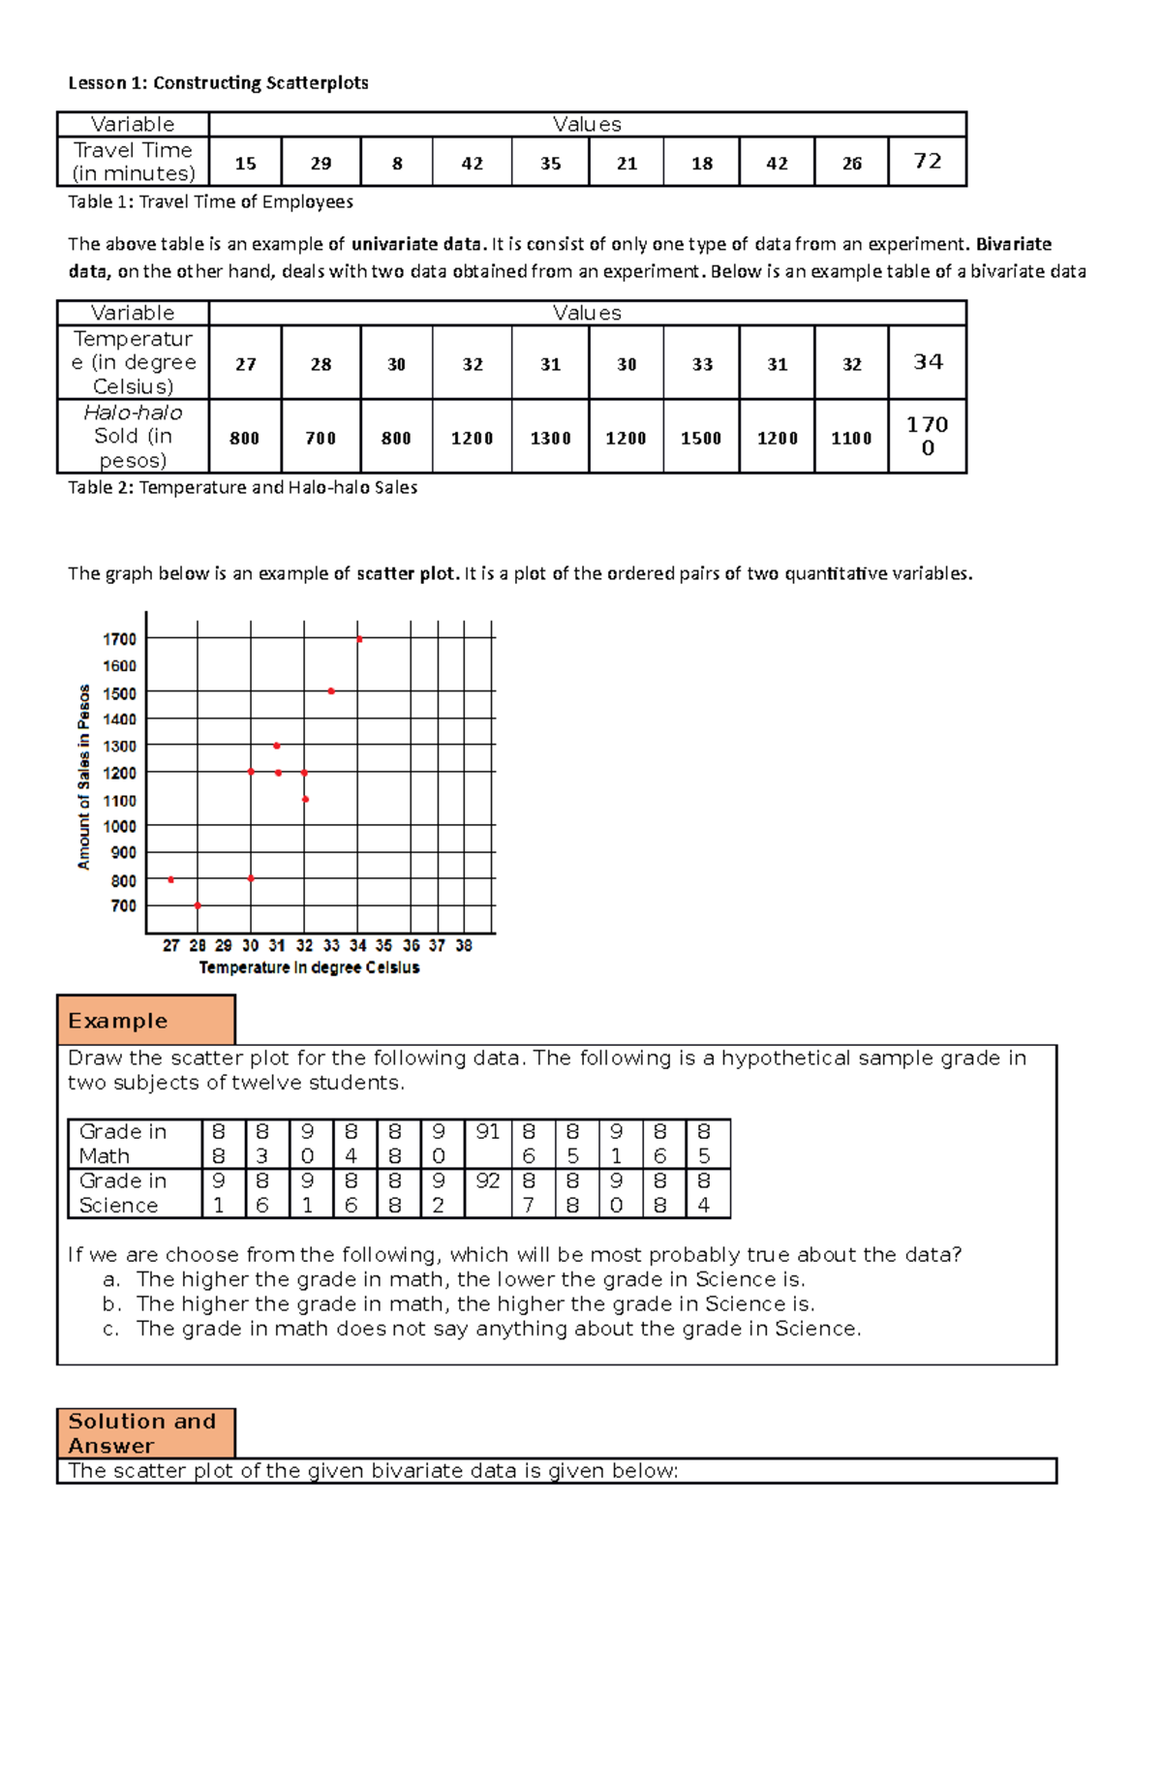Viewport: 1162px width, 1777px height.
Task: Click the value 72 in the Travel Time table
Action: pyautogui.click(x=927, y=161)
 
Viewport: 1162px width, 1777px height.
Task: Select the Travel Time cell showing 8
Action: pyautogui.click(x=397, y=164)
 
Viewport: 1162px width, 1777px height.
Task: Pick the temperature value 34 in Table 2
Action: pyautogui.click(x=927, y=361)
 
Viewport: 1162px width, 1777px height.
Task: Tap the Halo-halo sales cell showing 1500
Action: pyautogui.click(x=701, y=438)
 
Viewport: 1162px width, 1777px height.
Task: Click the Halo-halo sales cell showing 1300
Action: pyautogui.click(x=550, y=438)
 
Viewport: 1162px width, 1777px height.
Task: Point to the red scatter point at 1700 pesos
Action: pyautogui.click(x=359, y=639)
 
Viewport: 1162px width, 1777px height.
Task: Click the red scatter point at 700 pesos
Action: pyautogui.click(x=198, y=905)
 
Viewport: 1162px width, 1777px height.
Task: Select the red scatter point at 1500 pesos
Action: pyautogui.click(x=331, y=691)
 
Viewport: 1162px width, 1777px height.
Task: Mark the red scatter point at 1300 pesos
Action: pyautogui.click(x=277, y=746)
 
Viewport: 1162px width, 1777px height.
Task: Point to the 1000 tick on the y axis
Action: pyautogui.click(x=120, y=826)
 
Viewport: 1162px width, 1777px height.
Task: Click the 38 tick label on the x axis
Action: pyautogui.click(x=464, y=945)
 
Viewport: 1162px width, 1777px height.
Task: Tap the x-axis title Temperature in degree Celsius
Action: pyautogui.click(x=309, y=967)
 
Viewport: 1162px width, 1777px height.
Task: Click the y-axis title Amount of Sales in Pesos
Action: pyautogui.click(x=84, y=777)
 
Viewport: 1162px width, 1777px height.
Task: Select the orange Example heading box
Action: pyautogui.click(x=146, y=1020)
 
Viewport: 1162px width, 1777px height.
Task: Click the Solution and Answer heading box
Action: pyautogui.click(x=146, y=1433)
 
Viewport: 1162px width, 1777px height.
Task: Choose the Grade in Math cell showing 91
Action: pyautogui.click(x=488, y=1132)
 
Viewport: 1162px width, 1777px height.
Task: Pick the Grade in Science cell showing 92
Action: pyautogui.click(x=488, y=1181)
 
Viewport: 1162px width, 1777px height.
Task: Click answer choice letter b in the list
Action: pyautogui.click(x=111, y=1304)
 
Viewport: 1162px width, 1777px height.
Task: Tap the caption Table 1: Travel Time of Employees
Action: pyautogui.click(x=210, y=201)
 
